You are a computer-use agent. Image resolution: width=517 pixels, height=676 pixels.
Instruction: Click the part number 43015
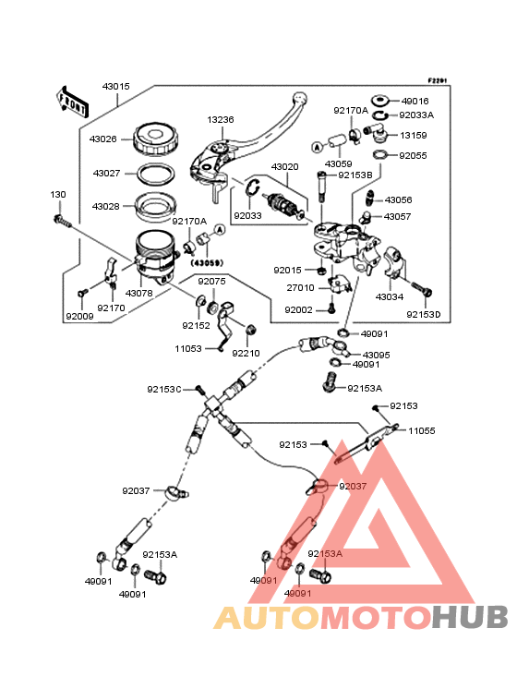116,87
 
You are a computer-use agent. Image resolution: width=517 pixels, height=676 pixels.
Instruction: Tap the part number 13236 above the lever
221,120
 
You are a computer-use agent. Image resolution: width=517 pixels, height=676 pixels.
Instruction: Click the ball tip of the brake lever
299,98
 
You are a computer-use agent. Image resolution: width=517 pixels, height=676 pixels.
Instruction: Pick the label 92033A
416,115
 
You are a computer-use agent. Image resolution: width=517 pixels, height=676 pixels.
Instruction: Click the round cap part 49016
379,102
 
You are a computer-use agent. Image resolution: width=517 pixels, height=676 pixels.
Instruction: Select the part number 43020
284,167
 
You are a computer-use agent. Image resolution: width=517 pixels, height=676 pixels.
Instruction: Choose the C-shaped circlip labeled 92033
251,187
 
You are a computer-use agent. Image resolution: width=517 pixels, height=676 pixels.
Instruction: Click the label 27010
300,287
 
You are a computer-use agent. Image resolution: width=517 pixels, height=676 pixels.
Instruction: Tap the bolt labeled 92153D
421,288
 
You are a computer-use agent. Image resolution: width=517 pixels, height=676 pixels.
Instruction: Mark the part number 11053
188,348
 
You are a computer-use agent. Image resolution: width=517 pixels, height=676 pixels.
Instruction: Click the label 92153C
164,390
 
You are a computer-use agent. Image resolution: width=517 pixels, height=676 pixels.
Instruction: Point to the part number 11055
422,430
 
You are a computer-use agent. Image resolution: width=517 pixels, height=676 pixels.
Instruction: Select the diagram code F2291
438,80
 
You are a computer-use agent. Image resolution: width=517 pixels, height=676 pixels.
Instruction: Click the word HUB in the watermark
470,618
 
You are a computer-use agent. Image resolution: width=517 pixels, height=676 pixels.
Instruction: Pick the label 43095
376,355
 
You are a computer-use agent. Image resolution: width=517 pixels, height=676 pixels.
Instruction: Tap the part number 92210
246,353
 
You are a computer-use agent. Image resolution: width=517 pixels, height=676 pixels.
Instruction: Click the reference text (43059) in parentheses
208,262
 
